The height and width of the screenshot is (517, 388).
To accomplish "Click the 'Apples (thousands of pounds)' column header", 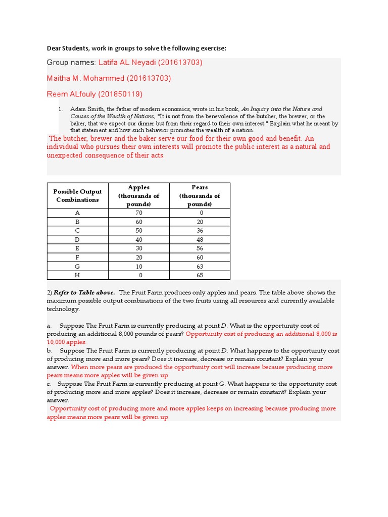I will click(139, 195).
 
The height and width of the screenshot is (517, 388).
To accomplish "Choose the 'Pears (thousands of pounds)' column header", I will click(200, 195).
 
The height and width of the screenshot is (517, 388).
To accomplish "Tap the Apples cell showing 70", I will click(139, 213).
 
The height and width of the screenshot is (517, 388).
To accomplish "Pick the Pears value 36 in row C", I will click(200, 231).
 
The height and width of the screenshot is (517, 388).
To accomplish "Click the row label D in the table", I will click(78, 240).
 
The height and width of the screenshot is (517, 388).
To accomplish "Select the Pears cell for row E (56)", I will click(200, 248).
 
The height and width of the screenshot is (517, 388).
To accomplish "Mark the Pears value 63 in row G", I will click(200, 267).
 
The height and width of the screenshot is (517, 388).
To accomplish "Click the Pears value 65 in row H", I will click(200, 275).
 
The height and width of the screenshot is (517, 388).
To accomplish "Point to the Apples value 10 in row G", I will click(139, 267).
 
